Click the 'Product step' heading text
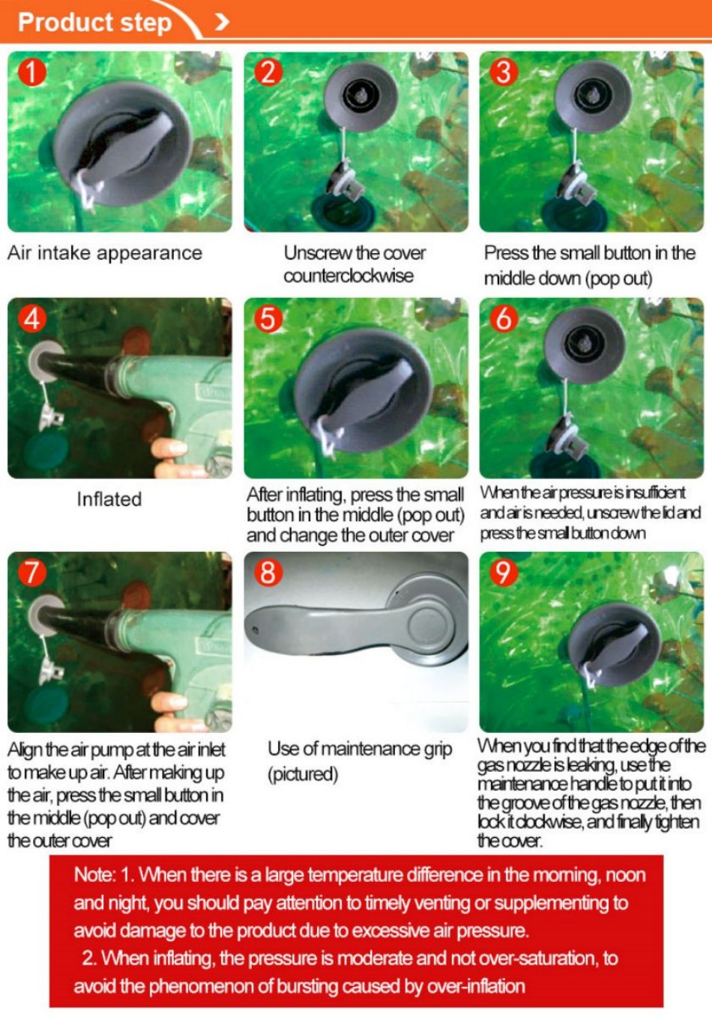[94, 22]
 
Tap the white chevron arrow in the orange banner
[222, 22]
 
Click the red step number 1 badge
[32, 73]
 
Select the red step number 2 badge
[268, 73]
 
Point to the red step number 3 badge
[504, 73]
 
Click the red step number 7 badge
[32, 572]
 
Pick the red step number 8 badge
[268, 572]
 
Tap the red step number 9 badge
[504, 572]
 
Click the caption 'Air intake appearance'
[105, 253]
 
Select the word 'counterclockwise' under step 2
[349, 276]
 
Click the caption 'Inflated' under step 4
[109, 499]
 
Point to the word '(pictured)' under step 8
[303, 774]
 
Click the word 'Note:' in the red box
[94, 875]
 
